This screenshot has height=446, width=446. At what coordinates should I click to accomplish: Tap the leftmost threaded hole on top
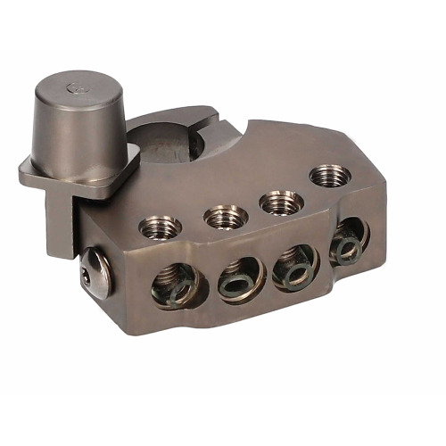161,227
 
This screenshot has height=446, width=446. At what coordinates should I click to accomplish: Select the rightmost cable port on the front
347,241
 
